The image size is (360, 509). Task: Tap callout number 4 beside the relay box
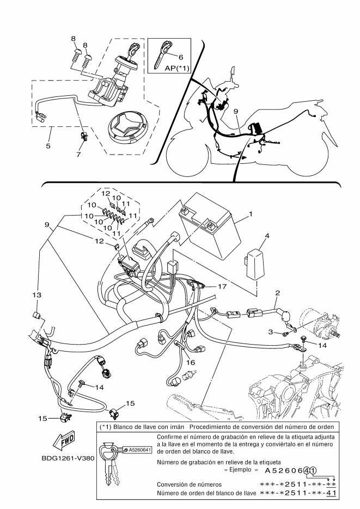(x=267, y=236)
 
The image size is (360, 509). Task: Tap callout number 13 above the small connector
(x=36, y=295)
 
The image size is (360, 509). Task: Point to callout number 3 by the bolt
(x=270, y=332)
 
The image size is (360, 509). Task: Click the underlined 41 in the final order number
(x=331, y=493)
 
